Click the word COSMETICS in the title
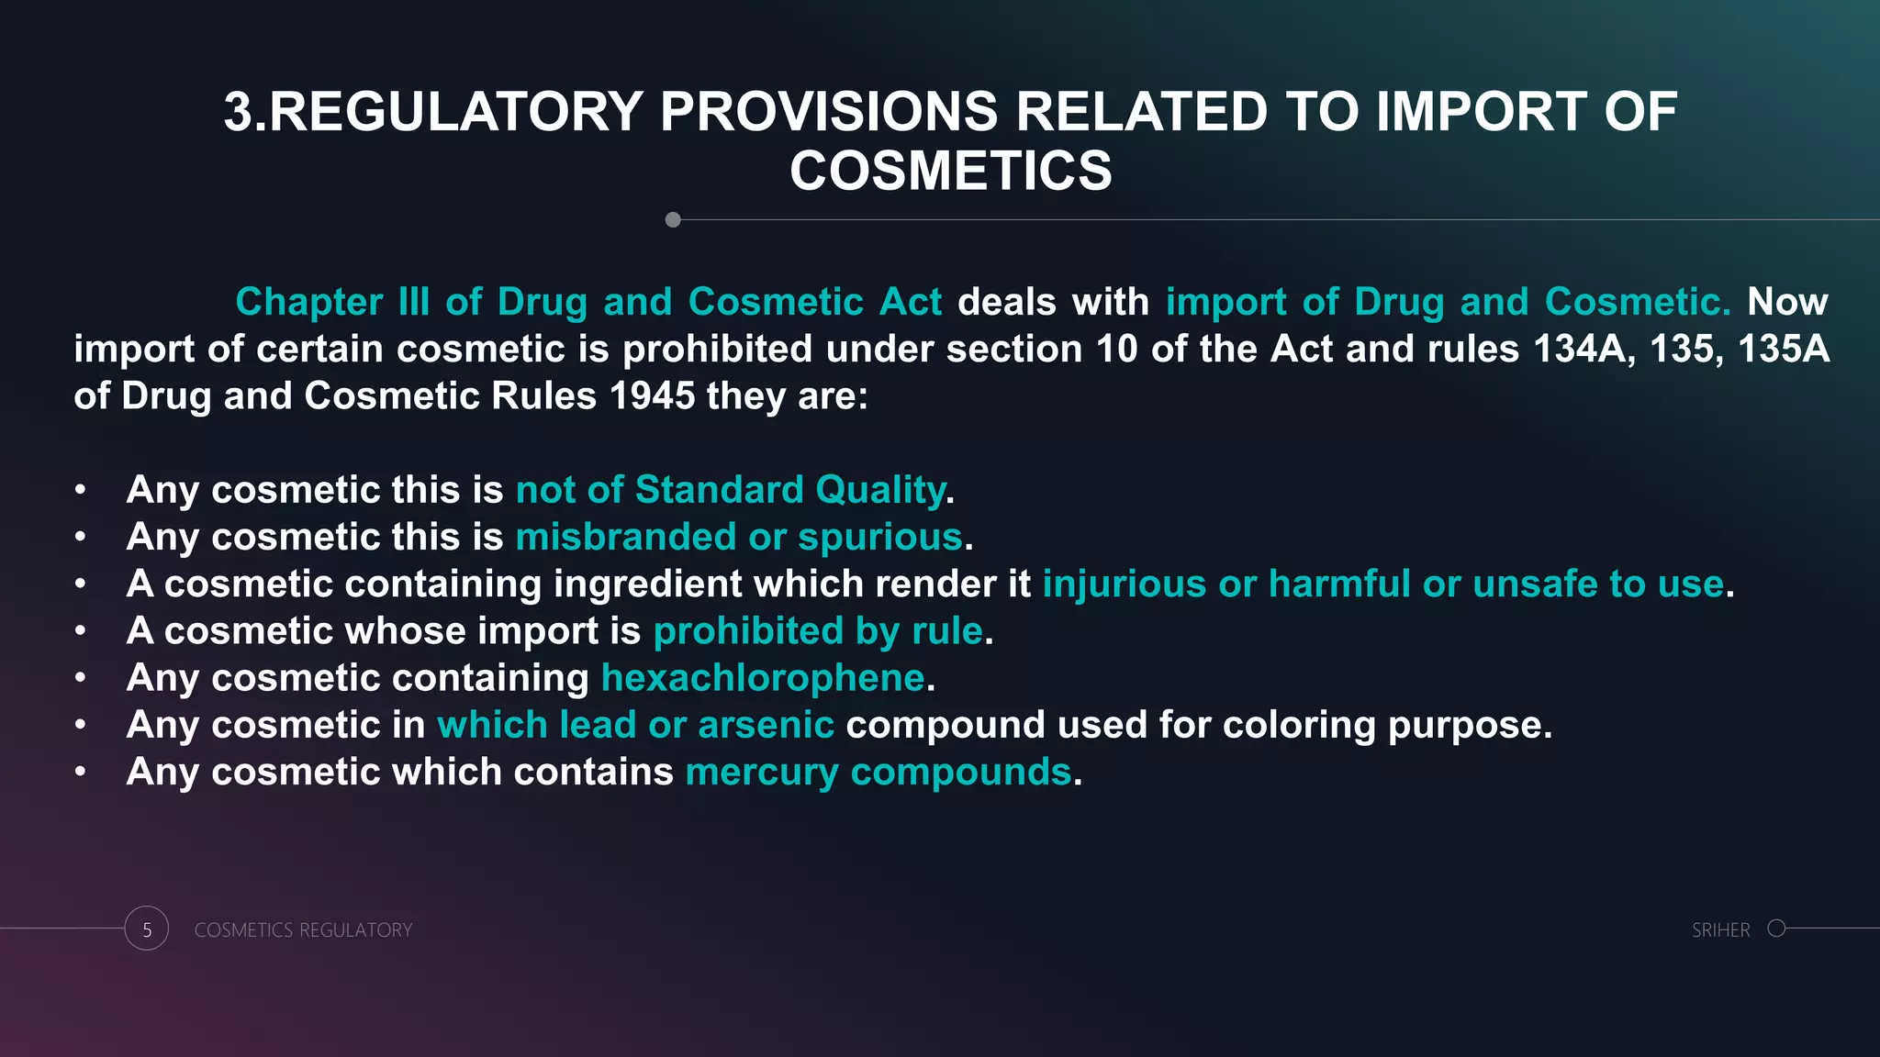point(950,172)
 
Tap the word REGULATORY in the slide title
point(455,112)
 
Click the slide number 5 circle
point(147,929)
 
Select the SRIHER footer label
point(1720,930)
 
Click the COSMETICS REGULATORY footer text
point(303,930)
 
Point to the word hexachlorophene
point(762,678)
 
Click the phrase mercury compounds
point(878,773)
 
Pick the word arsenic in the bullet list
point(766,725)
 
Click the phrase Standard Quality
point(789,490)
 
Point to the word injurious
point(1124,584)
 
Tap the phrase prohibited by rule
point(818,631)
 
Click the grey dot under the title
point(673,220)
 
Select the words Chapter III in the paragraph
point(332,302)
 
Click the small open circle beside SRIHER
point(1776,928)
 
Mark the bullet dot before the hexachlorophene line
point(81,678)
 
